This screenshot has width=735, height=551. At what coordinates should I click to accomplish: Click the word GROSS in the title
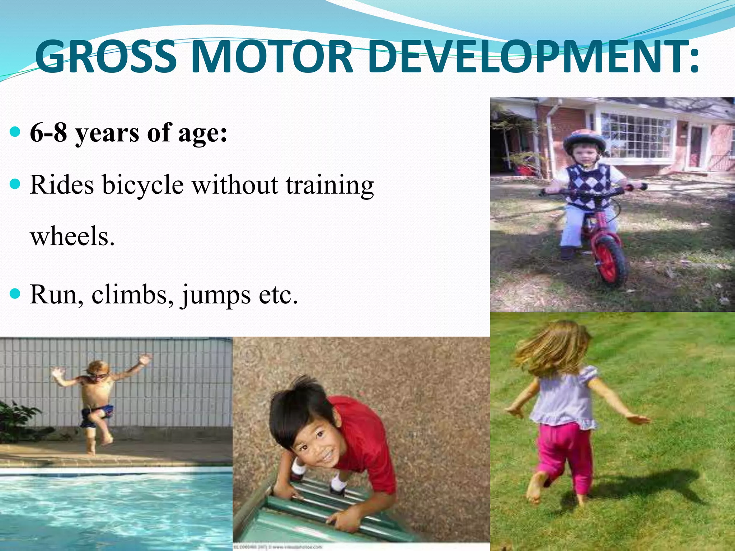106,57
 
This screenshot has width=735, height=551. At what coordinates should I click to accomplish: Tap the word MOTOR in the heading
273,57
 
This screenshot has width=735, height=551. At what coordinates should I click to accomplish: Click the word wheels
72,237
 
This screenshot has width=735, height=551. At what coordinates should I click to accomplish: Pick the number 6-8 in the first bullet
48,132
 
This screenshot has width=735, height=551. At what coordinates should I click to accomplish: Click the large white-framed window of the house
636,135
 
